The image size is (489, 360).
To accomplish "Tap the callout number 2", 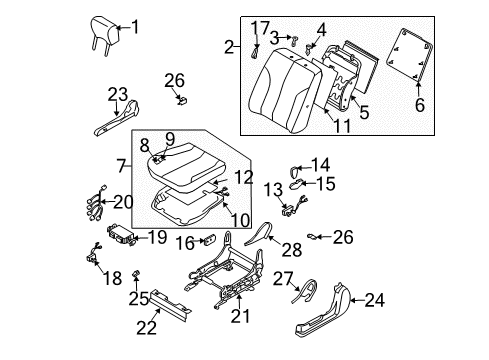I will point(229,46).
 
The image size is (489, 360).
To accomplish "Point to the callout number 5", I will point(364,113).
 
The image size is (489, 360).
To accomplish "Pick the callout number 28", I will point(292,247).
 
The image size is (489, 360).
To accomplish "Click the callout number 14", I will point(320,164).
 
